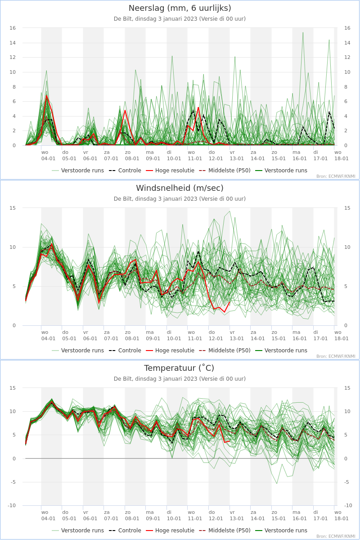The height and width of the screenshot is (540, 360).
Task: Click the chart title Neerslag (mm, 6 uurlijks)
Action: pos(180,8)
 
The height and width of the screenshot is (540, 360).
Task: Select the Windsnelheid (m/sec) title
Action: pos(180,188)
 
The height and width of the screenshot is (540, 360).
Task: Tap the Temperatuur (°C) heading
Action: pos(179,368)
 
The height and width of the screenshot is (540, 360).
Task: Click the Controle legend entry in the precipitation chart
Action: pos(125,171)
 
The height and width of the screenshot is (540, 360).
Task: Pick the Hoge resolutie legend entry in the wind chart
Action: pos(170,350)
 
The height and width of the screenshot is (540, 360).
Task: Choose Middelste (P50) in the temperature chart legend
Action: pos(225,531)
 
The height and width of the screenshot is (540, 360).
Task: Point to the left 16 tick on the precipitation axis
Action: pos(13,28)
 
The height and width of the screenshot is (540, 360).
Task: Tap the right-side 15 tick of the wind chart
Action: pos(347,208)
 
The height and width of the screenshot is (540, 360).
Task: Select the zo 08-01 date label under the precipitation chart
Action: pos(132,156)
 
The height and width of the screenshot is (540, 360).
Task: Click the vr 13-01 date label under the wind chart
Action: pos(237,335)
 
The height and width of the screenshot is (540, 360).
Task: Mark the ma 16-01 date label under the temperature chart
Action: pos(299,515)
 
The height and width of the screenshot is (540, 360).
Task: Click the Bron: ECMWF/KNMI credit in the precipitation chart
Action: pos(336,176)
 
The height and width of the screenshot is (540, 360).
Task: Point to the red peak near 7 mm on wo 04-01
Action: pos(46,96)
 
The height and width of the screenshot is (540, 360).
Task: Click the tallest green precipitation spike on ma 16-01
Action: pos(303,32)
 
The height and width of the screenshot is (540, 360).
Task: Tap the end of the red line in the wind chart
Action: pos(229,302)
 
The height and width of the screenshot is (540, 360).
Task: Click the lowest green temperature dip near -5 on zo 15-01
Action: pos(277,483)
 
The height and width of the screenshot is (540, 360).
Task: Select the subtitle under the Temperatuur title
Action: pos(180,379)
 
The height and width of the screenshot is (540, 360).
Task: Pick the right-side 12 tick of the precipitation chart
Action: pos(347,58)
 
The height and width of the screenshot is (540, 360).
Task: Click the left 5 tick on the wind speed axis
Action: pos(14,286)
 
